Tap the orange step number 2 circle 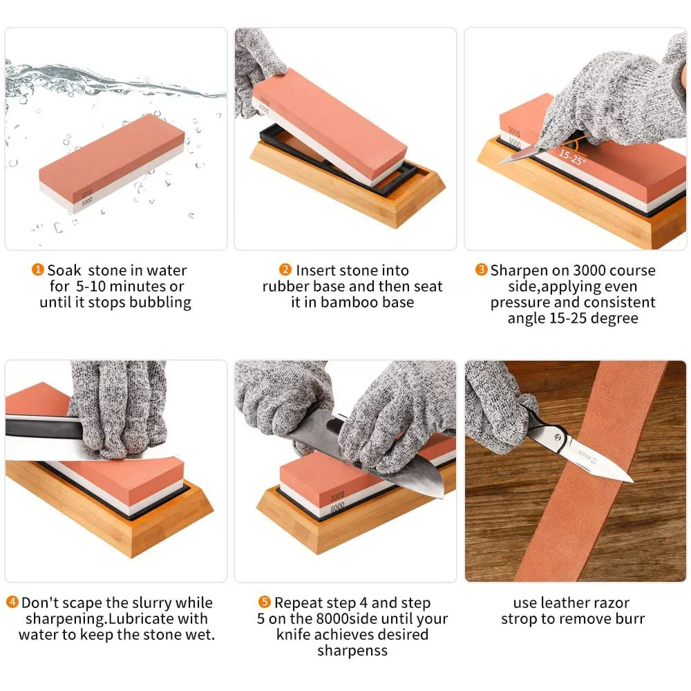point(285,270)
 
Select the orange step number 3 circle point(482,270)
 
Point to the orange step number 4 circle point(12,603)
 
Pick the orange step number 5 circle point(265,603)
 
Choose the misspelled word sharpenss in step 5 point(352,650)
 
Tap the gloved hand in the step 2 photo point(256,69)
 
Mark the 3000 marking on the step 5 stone point(337,497)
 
